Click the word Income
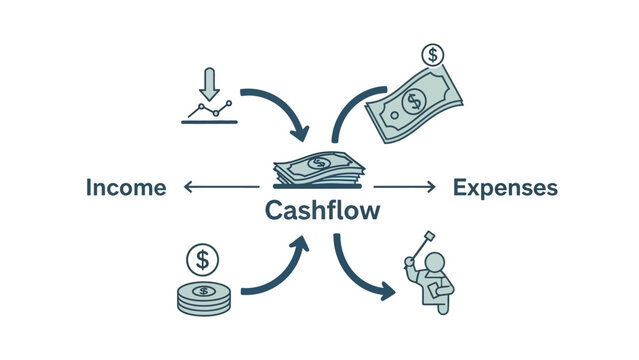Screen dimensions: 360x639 point(126,187)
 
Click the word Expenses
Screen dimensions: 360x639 point(505,187)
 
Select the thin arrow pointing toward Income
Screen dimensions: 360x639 point(220,186)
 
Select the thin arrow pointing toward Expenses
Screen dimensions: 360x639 point(405,186)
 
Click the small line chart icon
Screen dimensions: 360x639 point(209,111)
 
